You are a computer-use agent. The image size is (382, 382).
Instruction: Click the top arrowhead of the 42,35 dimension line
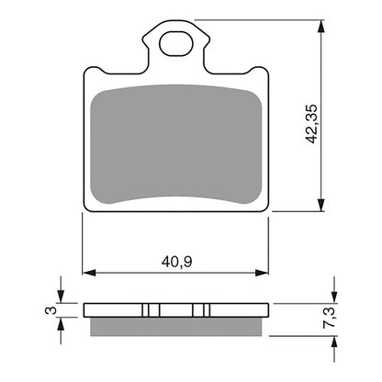[x=321, y=26]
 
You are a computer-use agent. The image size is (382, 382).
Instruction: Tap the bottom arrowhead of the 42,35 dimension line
[x=321, y=208]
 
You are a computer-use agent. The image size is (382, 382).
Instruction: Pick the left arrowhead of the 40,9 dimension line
[x=89, y=271]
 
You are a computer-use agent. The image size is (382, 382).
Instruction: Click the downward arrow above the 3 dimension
[x=61, y=297]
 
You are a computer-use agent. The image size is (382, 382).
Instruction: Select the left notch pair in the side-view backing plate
[x=151, y=309]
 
